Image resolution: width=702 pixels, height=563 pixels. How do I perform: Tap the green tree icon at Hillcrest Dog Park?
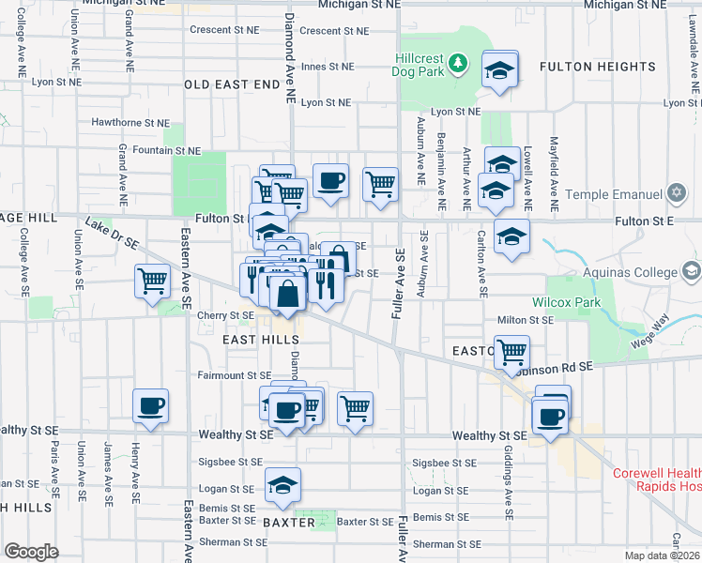click(x=458, y=63)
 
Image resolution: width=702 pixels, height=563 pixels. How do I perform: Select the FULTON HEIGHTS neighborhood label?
click(x=598, y=67)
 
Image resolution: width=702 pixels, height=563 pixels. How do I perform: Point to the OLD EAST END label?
click(x=232, y=84)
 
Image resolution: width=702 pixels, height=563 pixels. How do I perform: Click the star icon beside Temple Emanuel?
click(x=678, y=194)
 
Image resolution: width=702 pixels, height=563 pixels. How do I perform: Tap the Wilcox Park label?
click(x=565, y=303)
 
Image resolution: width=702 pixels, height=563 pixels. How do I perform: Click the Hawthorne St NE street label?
click(x=130, y=123)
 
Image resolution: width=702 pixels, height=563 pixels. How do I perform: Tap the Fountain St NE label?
click(x=166, y=150)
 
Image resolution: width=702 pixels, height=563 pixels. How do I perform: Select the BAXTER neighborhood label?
click(x=289, y=523)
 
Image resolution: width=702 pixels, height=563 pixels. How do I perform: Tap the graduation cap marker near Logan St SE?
click(x=282, y=485)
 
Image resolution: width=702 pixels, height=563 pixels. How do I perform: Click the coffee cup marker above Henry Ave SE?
click(x=150, y=406)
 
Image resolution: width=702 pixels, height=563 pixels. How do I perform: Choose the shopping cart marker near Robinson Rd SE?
click(x=511, y=353)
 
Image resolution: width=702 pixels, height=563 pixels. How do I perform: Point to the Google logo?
click(x=31, y=552)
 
